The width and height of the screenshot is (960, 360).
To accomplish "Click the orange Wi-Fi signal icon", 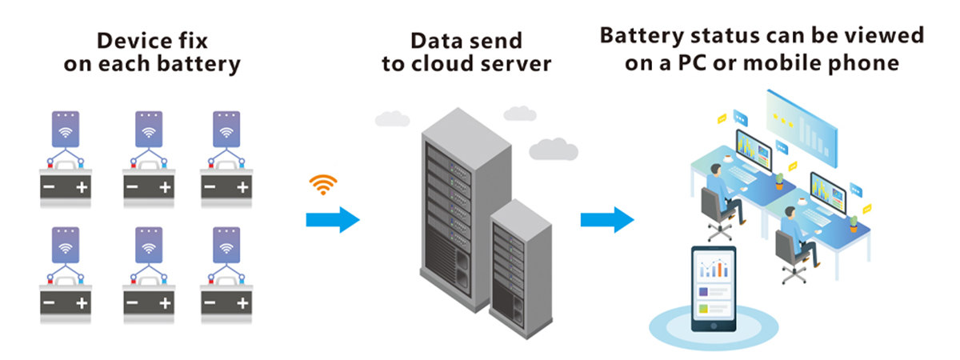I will [x=322, y=186].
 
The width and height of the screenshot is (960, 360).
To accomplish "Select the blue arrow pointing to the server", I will [x=333, y=218].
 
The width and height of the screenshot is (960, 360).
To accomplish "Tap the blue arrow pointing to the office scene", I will [x=607, y=218].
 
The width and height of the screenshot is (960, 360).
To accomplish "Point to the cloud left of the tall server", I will [x=392, y=118].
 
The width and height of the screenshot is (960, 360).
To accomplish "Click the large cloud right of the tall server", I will [x=554, y=149].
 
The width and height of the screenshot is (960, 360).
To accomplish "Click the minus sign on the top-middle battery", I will [x=132, y=189].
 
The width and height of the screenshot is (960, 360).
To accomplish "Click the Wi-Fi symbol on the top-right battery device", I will [x=227, y=130].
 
